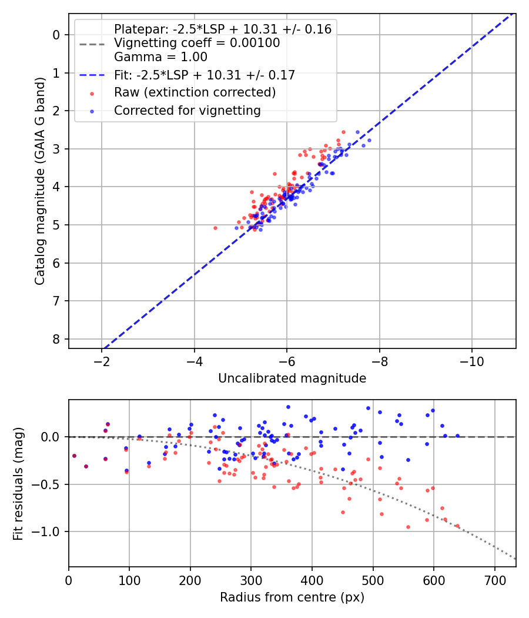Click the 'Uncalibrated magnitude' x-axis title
(292, 378)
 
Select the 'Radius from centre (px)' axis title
(292, 597)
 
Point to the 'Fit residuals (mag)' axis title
(18, 483)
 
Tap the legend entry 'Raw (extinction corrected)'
(195, 92)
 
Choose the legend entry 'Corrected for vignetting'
(187, 110)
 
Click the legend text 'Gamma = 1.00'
(160, 57)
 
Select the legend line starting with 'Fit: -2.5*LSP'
(204, 75)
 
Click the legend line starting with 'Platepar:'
(222, 29)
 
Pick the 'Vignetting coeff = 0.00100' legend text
(197, 43)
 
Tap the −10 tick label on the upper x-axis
(471, 360)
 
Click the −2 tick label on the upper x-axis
(102, 360)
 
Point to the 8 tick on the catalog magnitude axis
(56, 339)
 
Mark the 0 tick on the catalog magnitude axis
(56, 35)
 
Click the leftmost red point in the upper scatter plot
(215, 228)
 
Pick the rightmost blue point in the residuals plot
(457, 436)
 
